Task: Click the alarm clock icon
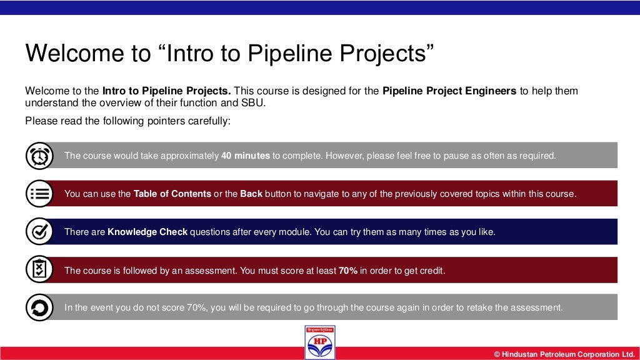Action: (x=39, y=156)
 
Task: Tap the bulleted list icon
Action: (x=39, y=194)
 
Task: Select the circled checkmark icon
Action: (x=39, y=232)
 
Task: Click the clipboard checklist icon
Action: (x=39, y=270)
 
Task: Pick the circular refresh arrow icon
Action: (x=39, y=307)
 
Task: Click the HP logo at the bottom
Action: (x=320, y=342)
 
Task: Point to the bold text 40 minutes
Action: (x=246, y=156)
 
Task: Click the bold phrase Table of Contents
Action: (x=172, y=194)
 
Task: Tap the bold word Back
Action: (x=251, y=194)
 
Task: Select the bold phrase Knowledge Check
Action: (x=147, y=232)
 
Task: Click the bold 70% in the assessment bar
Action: (x=348, y=271)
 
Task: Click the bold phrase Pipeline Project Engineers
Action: (x=449, y=91)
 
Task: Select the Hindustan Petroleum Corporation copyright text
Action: (x=564, y=354)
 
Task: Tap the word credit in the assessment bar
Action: (x=431, y=271)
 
